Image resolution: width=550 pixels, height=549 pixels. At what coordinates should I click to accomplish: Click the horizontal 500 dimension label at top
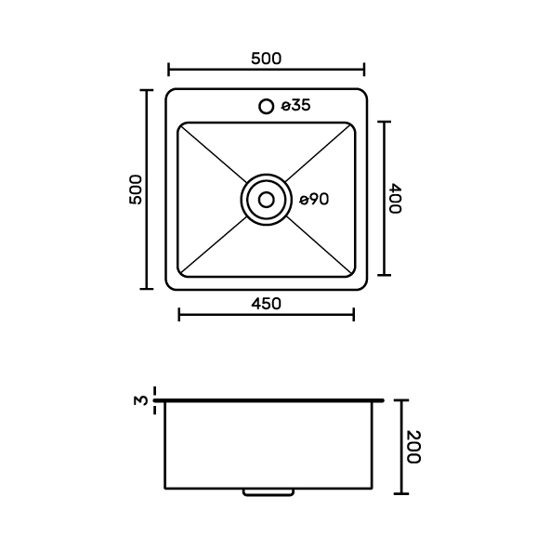[267, 59]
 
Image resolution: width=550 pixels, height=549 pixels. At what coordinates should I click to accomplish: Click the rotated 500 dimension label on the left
[136, 190]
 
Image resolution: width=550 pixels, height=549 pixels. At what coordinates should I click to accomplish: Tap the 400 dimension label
[395, 198]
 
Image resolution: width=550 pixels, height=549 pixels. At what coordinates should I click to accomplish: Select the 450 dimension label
[267, 304]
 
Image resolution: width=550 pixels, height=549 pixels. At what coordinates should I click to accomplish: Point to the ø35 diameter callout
[296, 105]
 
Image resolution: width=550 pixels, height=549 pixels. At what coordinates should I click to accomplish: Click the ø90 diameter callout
[314, 200]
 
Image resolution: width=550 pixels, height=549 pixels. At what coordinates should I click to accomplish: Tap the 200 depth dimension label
[413, 447]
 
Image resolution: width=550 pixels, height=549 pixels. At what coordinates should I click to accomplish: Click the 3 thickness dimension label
[141, 400]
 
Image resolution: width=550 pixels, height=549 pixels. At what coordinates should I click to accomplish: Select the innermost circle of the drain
[267, 193]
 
